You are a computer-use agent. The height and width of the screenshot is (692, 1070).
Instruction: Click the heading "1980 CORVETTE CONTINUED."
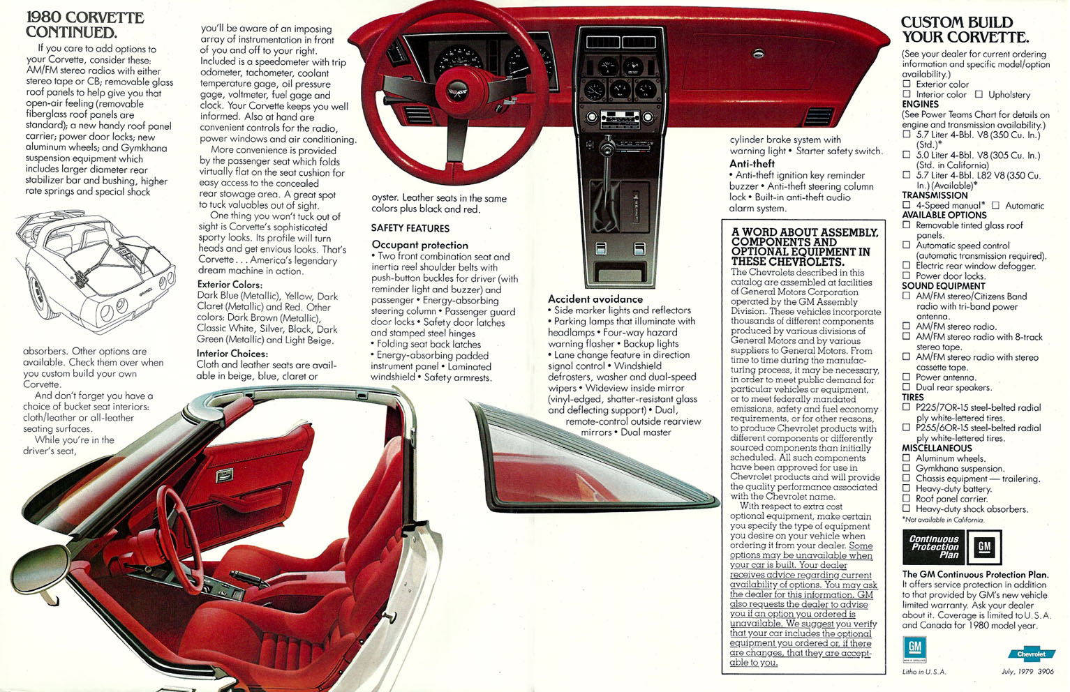coord(85,25)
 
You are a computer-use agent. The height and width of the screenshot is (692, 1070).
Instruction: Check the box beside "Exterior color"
coord(907,84)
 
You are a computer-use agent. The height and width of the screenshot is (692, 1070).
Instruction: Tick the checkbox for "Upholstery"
coord(979,94)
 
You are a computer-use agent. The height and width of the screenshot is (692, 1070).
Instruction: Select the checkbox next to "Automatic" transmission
coord(995,205)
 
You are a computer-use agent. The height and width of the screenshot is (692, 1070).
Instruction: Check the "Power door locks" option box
coord(907,276)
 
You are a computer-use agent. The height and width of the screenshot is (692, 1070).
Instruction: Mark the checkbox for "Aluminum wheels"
coord(907,458)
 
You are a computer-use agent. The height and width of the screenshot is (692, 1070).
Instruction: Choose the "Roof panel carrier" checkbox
coord(907,499)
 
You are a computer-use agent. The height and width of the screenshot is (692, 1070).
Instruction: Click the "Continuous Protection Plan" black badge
coord(932,547)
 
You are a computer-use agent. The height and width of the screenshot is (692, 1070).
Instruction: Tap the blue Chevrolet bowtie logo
coord(1032,654)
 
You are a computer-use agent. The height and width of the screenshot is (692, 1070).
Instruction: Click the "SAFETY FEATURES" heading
coord(410,228)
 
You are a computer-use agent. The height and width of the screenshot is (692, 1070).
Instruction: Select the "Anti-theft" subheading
coord(752,163)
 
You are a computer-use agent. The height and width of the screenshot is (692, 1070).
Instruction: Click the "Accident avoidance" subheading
coord(595,299)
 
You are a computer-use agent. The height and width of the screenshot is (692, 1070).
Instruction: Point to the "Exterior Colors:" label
coord(230,284)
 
